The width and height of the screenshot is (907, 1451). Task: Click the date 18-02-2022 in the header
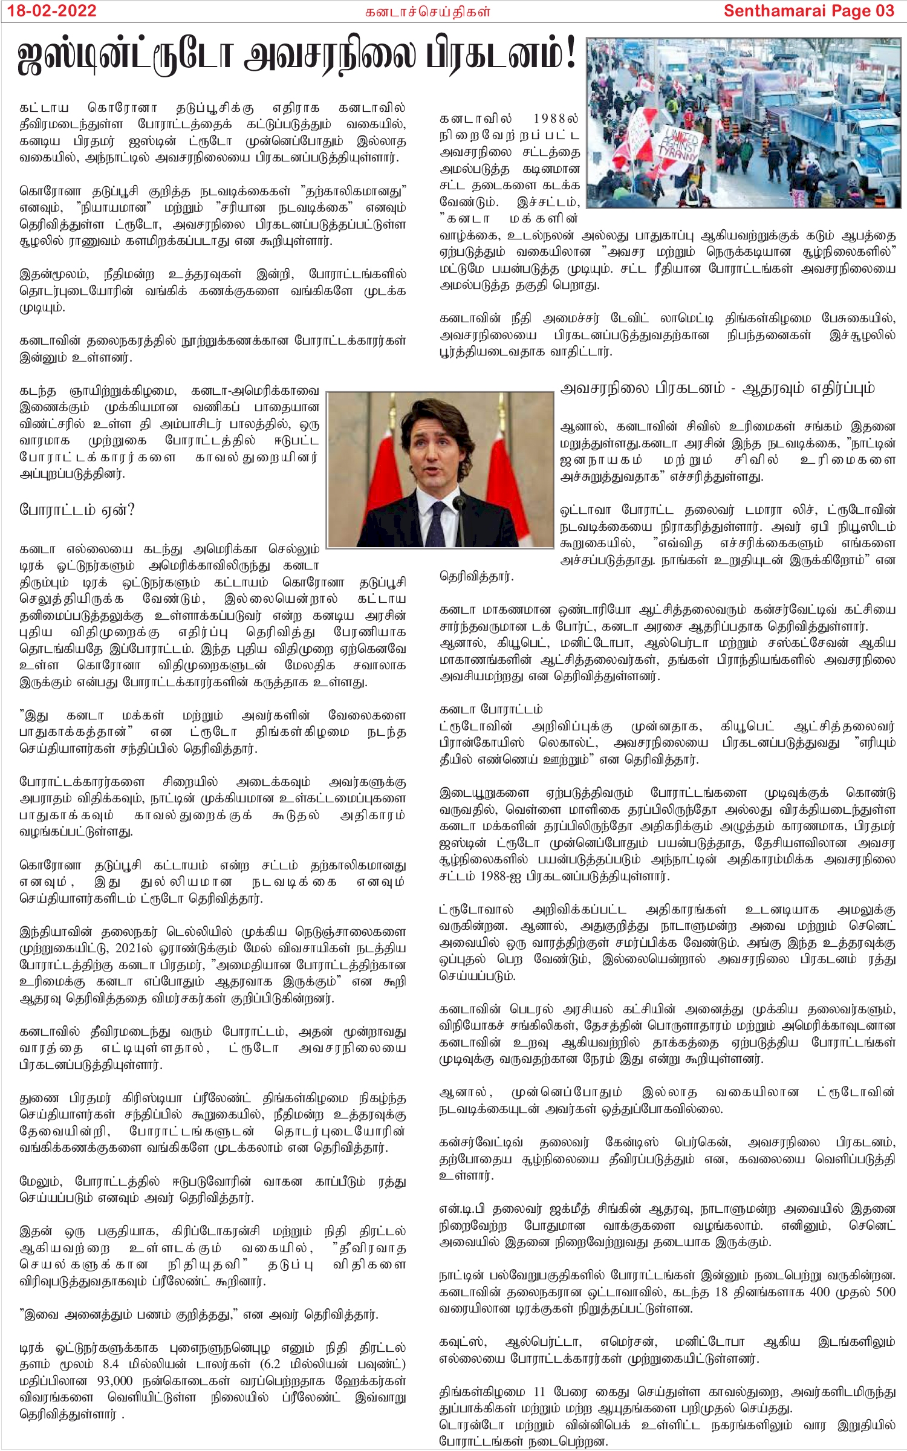[x=51, y=11]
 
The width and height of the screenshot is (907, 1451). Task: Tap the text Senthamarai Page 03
[x=808, y=11]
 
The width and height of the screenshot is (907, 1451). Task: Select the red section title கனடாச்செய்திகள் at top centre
[x=427, y=11]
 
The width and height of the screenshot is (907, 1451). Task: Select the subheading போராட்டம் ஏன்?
[x=77, y=510]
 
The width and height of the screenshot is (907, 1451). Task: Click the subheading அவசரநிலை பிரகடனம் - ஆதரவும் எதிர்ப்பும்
[x=717, y=388]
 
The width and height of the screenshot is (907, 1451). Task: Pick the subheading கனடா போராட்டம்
[x=491, y=709]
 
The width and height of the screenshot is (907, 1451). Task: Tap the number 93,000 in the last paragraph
[x=115, y=1381]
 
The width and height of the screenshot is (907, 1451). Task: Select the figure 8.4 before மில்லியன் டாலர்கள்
[x=111, y=1364]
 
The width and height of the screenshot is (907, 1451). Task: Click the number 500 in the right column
[x=885, y=1292]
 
